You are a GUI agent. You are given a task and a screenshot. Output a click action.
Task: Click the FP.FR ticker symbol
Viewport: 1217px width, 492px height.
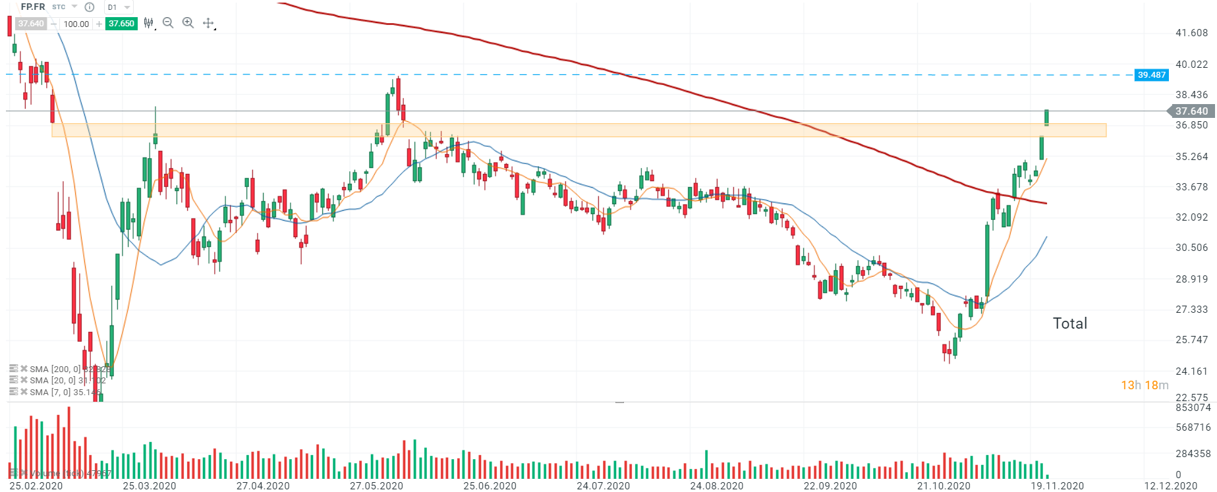(x=32, y=7)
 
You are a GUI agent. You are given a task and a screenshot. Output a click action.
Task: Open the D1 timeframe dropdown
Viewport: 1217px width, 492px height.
(x=119, y=7)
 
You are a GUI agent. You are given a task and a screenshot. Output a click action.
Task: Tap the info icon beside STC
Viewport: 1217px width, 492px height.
(x=90, y=7)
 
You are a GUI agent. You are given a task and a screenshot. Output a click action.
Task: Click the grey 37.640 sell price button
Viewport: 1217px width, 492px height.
(x=30, y=24)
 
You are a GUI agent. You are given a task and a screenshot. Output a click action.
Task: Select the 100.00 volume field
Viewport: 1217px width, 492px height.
(x=76, y=24)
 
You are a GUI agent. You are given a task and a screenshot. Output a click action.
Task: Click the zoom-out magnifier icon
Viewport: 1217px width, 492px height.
(x=168, y=23)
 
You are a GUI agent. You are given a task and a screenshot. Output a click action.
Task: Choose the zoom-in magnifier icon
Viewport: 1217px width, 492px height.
(x=188, y=23)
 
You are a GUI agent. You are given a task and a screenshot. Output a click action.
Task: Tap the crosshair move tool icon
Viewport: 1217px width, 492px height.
(x=208, y=23)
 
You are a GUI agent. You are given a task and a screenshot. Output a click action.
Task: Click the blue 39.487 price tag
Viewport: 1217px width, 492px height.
(x=1151, y=75)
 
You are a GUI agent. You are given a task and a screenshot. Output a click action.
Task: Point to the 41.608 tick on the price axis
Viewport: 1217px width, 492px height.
(x=1191, y=33)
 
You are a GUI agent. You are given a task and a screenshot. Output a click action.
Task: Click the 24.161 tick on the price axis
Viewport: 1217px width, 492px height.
(x=1191, y=371)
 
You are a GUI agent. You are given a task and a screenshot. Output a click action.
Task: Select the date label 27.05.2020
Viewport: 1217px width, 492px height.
(x=376, y=486)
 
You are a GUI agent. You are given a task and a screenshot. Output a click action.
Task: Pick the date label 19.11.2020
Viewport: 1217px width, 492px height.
(x=1057, y=486)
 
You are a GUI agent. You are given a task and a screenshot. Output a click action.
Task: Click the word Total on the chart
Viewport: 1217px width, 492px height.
(x=1070, y=323)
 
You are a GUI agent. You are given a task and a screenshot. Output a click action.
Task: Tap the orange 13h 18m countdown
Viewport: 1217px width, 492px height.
(x=1145, y=385)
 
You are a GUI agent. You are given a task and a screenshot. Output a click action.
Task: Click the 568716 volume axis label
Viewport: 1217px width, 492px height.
(x=1193, y=427)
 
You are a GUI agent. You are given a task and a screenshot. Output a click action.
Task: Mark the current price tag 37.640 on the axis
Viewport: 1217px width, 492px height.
(x=1191, y=111)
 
